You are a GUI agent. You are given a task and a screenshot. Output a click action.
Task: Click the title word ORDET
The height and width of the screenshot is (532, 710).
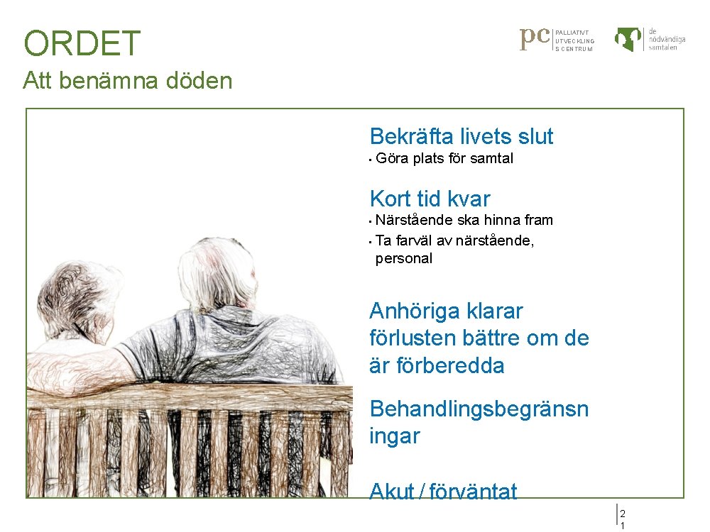(82, 44)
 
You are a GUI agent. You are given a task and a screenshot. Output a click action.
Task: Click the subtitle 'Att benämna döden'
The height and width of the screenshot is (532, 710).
(127, 81)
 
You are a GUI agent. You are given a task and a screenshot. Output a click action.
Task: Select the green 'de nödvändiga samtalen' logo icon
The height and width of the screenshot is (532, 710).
(628, 39)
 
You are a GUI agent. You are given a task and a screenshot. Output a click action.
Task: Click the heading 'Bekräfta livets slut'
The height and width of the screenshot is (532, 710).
(461, 136)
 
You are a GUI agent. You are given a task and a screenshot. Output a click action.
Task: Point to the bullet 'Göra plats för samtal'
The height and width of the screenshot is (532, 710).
(444, 158)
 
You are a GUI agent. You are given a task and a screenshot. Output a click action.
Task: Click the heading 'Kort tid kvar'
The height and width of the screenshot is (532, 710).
(430, 199)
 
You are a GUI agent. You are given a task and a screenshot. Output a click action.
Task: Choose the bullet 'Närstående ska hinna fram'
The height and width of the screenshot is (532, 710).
(464, 220)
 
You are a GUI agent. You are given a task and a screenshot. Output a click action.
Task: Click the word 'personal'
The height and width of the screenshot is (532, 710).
(403, 258)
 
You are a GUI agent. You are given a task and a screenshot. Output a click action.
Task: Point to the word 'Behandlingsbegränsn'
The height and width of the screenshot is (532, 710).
(479, 409)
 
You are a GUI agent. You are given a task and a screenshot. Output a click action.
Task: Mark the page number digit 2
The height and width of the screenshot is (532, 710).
(623, 513)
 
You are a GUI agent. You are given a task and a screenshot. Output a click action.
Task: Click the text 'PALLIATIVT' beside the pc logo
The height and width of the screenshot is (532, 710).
(572, 33)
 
